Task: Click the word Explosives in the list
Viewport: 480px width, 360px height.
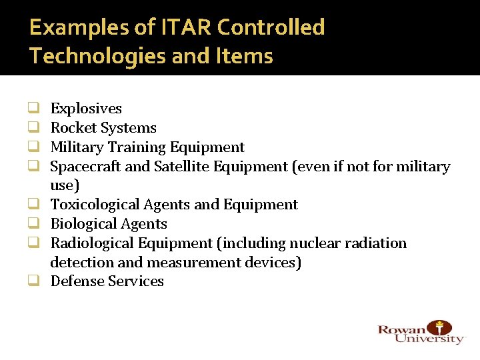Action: click(x=86, y=109)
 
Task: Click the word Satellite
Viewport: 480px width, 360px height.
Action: click(x=182, y=167)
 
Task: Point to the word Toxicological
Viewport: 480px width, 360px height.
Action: click(x=97, y=205)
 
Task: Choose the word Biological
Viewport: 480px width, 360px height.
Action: click(x=83, y=224)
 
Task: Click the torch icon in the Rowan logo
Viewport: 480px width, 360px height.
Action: click(x=439, y=327)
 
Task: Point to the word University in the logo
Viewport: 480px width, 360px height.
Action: click(x=429, y=339)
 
